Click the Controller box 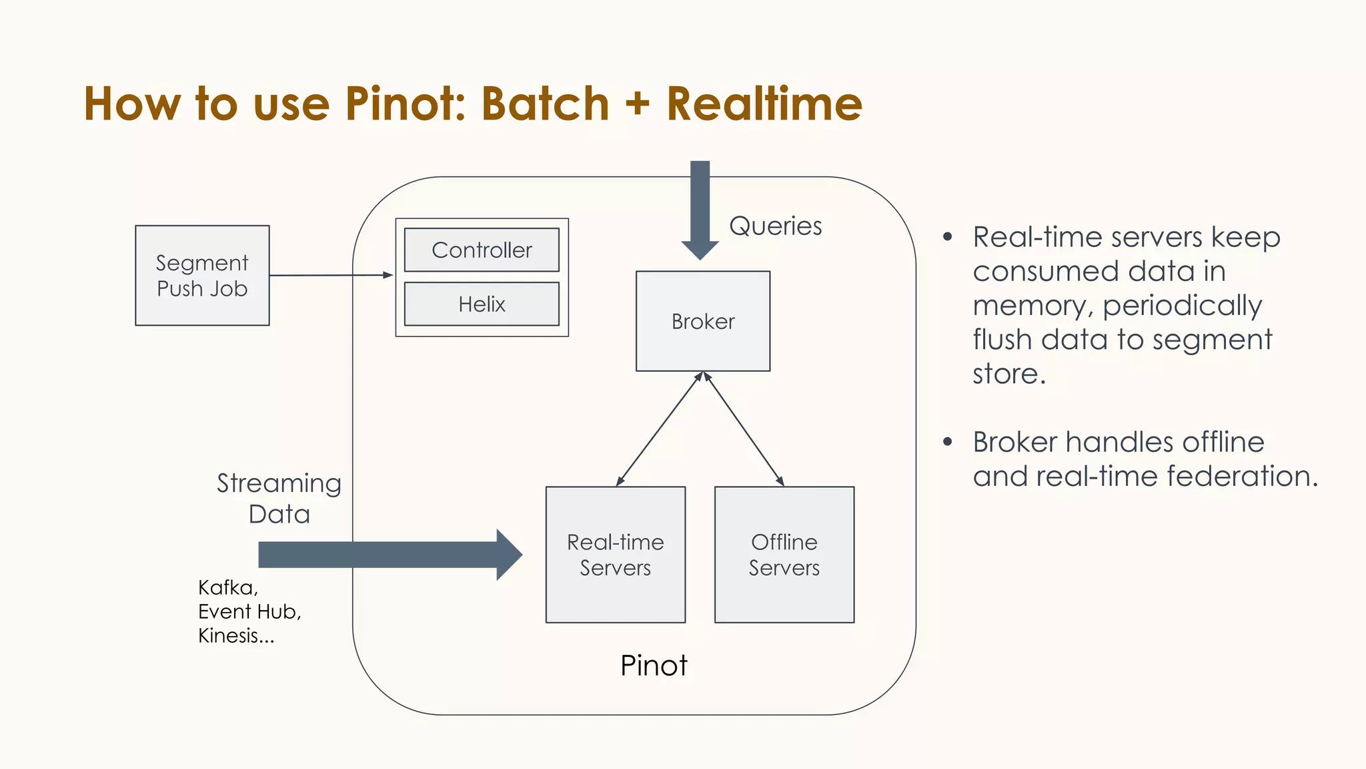click(x=482, y=250)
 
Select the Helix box click(x=482, y=304)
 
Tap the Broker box click(x=703, y=321)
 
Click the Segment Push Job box click(x=202, y=276)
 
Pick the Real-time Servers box click(x=615, y=555)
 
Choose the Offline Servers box click(x=784, y=555)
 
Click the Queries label click(x=775, y=226)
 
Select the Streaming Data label click(x=279, y=498)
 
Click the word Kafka click(x=226, y=587)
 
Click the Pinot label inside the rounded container click(x=654, y=666)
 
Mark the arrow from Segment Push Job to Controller click(x=330, y=275)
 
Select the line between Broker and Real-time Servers click(x=659, y=429)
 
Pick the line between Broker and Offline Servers click(x=744, y=429)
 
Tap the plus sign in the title click(x=638, y=105)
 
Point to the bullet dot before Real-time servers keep click(x=947, y=237)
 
